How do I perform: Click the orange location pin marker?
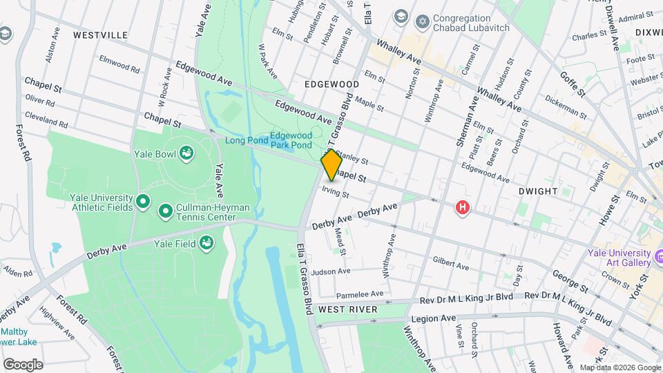[331, 165]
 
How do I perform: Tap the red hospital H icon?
[463, 207]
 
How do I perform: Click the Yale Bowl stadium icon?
[186, 153]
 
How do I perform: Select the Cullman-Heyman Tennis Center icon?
[166, 211]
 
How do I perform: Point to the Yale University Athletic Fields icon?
[143, 201]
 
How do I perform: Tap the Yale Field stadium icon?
[205, 242]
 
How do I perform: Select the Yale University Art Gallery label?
[619, 257]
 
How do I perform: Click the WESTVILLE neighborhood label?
[100, 35]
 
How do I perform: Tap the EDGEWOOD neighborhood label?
[332, 84]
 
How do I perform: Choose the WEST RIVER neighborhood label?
[348, 309]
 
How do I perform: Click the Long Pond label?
[244, 140]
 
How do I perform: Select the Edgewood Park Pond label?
[291, 141]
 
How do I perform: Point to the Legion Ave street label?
[433, 318]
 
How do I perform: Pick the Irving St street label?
[336, 191]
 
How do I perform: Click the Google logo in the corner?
[23, 364]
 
